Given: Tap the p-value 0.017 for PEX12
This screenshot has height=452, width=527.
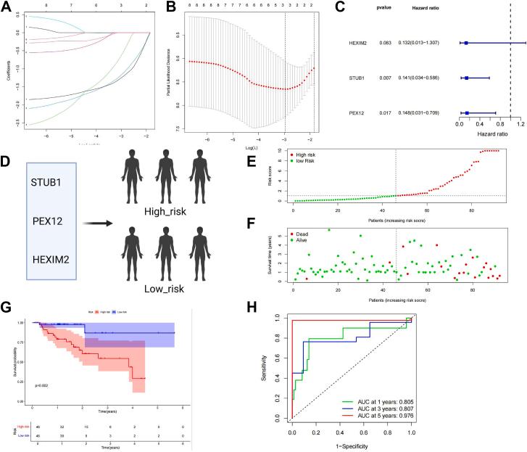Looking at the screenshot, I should pos(389,112).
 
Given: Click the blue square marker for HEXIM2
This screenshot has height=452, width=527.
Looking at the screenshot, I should pos(466,43).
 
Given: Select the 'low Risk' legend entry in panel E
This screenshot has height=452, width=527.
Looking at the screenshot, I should pos(301,160).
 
